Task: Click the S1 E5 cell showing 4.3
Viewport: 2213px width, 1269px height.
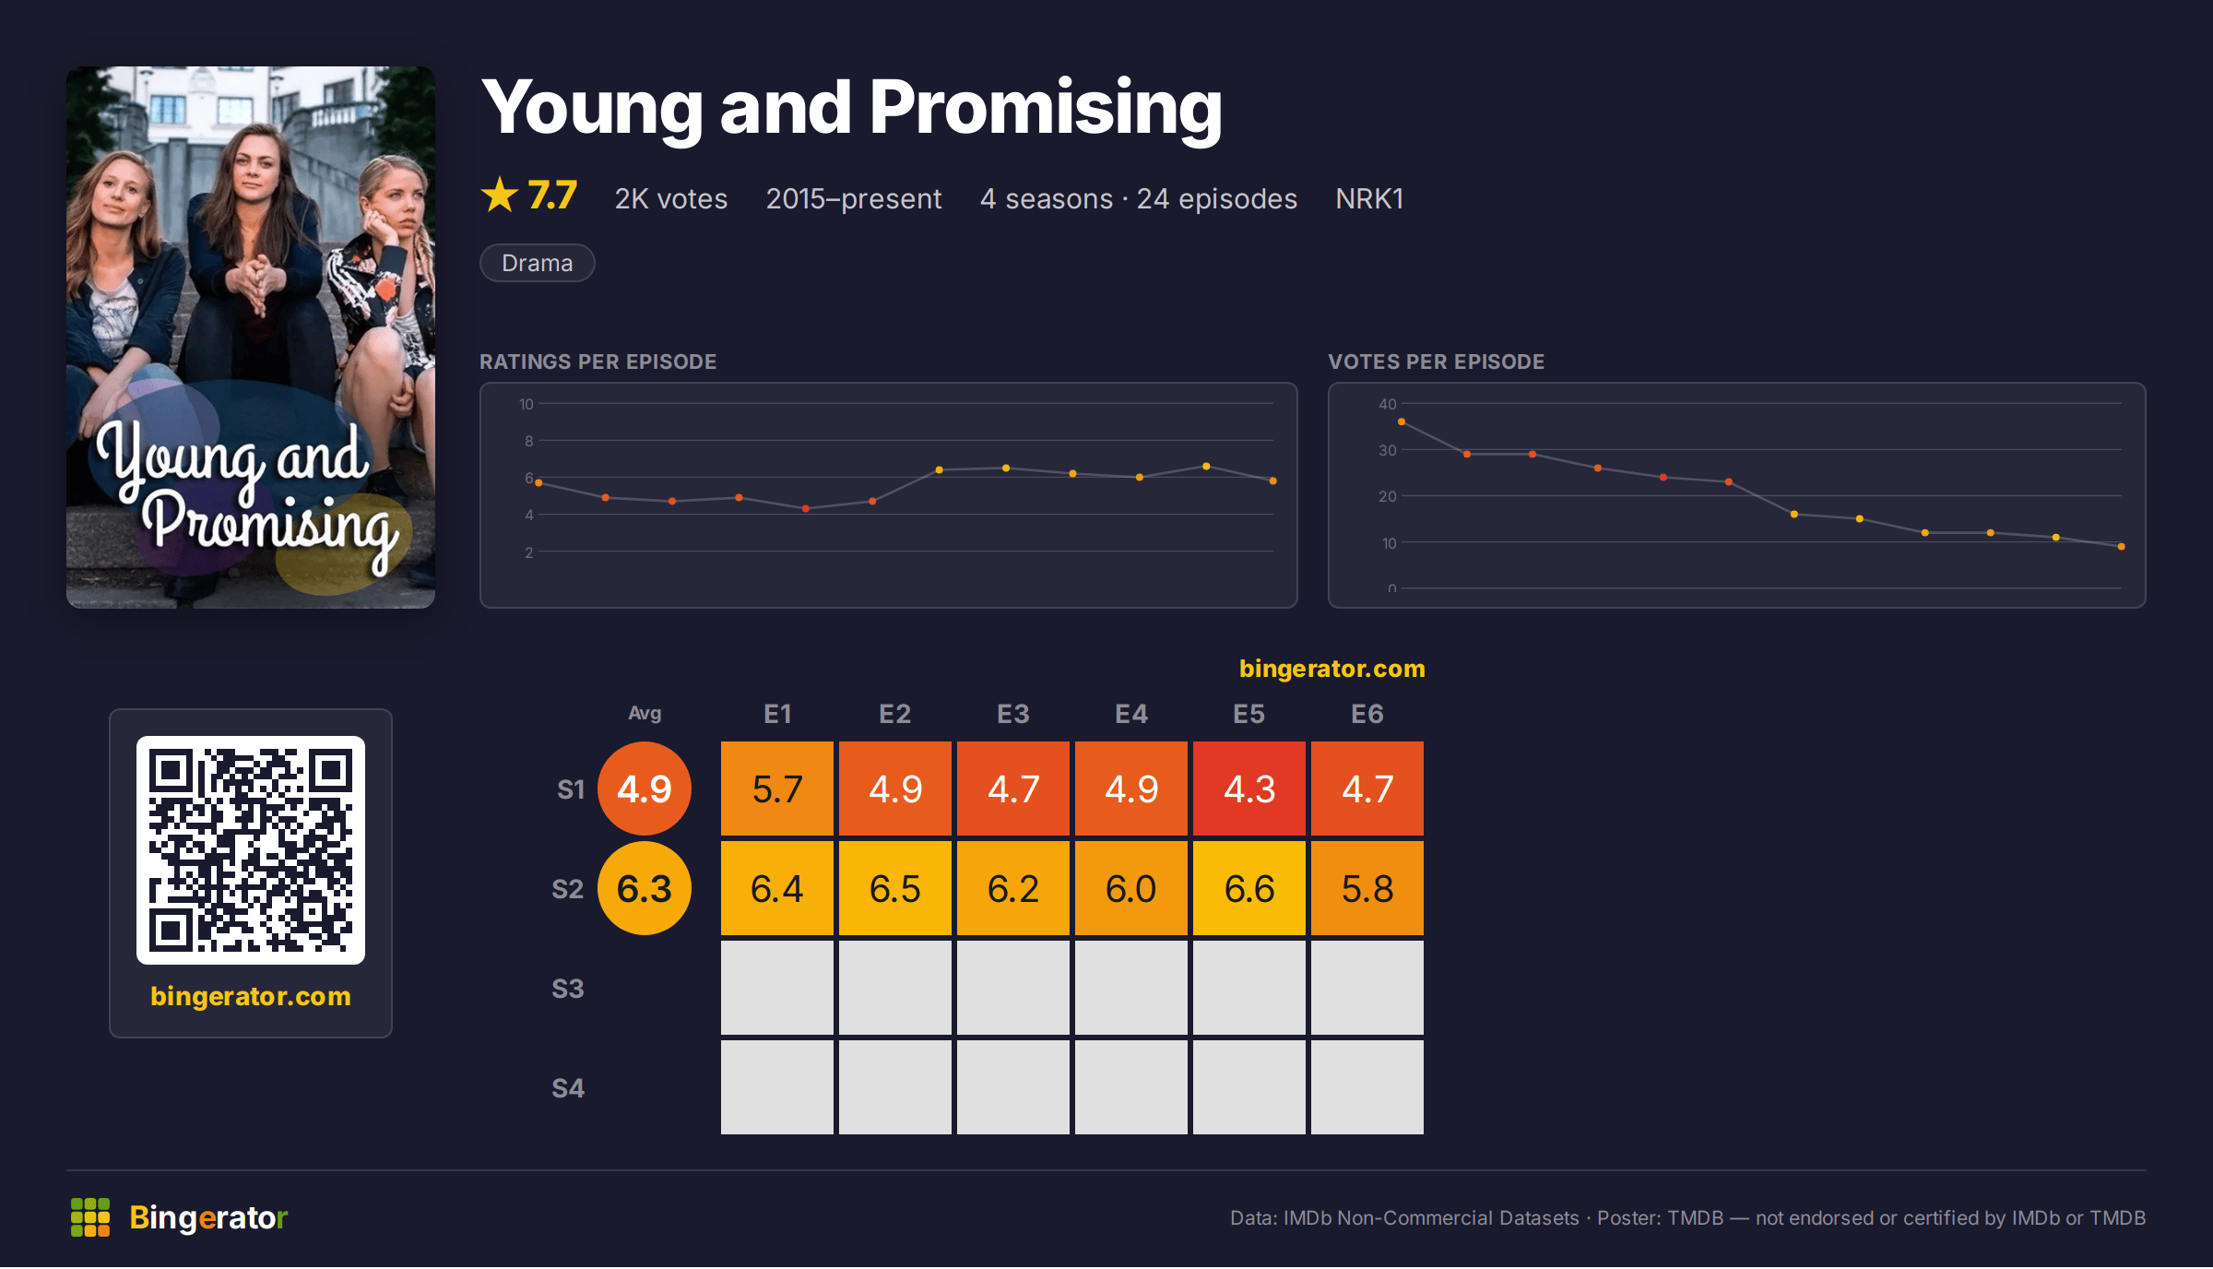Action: coord(1249,789)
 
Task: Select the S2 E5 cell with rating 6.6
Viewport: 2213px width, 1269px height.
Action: coord(1249,888)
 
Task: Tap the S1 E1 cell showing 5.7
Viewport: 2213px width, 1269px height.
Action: coord(777,789)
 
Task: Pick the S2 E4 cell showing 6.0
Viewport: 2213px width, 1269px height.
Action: coord(1131,888)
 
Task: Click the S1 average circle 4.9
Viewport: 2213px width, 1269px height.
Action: coord(645,789)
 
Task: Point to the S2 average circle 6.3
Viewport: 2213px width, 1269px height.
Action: coord(645,888)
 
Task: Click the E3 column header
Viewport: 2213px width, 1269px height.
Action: coord(1013,714)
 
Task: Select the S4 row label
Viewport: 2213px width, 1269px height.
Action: coord(568,1088)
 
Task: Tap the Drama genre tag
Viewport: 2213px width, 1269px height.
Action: coord(538,263)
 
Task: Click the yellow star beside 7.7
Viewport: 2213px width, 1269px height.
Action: coord(500,195)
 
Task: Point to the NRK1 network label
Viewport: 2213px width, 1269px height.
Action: coord(1369,198)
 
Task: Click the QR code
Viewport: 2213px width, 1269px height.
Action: coord(251,850)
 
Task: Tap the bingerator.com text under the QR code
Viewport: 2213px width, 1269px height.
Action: coord(251,996)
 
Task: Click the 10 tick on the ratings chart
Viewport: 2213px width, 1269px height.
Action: coord(527,404)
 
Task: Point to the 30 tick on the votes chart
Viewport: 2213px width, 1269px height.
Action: coord(1388,450)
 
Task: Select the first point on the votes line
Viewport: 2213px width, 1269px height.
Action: coord(1402,421)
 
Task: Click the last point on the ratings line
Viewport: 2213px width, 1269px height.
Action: coord(1273,480)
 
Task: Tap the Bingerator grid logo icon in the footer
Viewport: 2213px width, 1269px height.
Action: coord(90,1217)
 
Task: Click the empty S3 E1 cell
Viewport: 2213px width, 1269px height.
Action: coord(777,988)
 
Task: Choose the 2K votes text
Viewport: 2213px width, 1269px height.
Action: coord(671,198)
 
